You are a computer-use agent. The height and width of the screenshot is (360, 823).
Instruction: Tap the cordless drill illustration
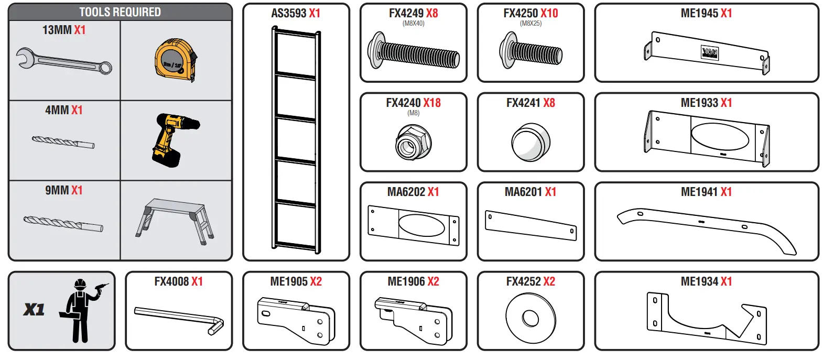pyautogui.click(x=172, y=138)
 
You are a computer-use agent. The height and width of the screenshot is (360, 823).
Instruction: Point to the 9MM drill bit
pyautogui.click(x=63, y=223)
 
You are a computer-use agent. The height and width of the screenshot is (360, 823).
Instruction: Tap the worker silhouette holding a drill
pyautogui.click(x=81, y=310)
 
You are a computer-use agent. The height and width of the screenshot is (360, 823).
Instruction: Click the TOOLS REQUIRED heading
pyautogui.click(x=120, y=12)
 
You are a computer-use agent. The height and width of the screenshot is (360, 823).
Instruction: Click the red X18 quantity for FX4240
pyautogui.click(x=432, y=103)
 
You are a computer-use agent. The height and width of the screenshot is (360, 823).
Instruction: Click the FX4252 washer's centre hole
pyautogui.click(x=530, y=318)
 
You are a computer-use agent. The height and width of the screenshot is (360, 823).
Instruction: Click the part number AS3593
pyautogui.click(x=288, y=14)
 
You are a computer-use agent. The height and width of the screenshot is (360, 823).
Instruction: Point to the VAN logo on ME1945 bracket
pyautogui.click(x=709, y=52)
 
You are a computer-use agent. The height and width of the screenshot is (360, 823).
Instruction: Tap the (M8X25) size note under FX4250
pyautogui.click(x=530, y=24)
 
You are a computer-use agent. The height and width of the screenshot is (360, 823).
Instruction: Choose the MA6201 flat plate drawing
pyautogui.click(x=530, y=226)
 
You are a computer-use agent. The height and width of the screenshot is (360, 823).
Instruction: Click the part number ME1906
pyautogui.click(x=406, y=281)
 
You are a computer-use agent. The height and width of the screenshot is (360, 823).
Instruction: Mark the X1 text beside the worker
pyautogui.click(x=34, y=310)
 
